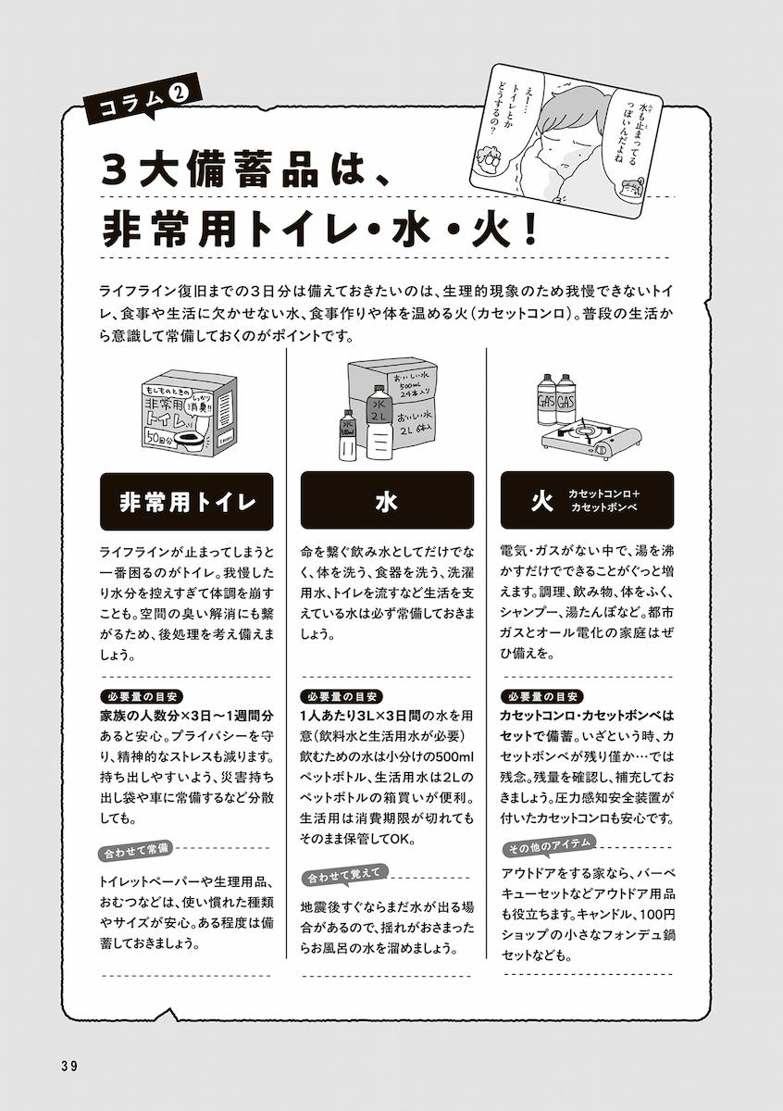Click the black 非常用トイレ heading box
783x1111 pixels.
coord(186,501)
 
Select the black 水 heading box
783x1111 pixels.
coord(387,501)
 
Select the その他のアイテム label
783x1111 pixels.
coord(551,846)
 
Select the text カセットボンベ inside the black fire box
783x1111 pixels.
coord(604,509)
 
